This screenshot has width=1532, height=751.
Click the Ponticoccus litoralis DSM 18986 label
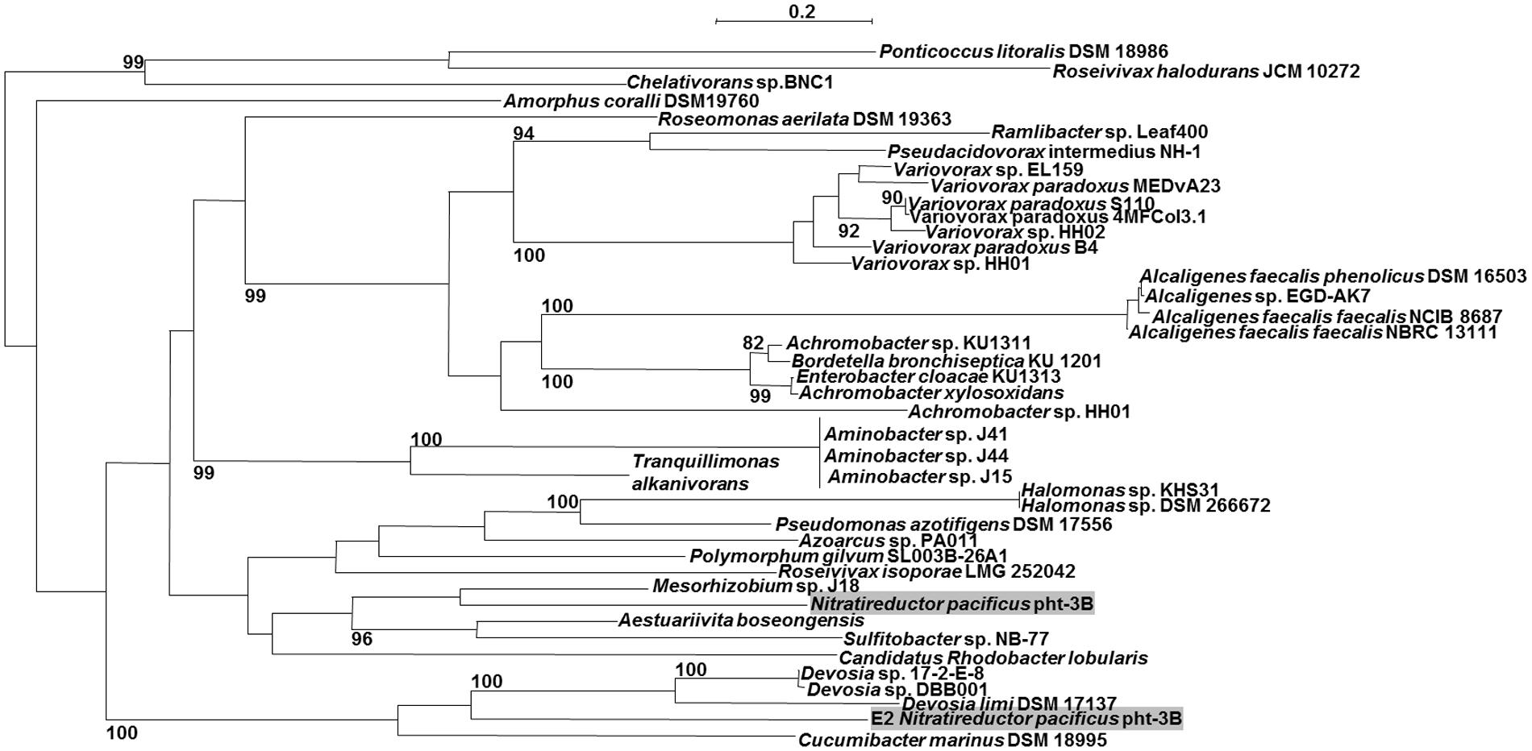click(1023, 52)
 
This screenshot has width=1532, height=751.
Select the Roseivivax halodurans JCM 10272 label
click(1206, 72)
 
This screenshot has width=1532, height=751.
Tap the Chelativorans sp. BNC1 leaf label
click(730, 82)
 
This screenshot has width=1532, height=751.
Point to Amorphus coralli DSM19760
click(631, 102)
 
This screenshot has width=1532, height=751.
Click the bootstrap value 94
click(524, 133)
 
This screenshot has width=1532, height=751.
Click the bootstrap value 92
click(848, 232)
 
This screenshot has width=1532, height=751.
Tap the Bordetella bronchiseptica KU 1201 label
click(946, 361)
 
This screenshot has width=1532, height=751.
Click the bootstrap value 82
click(753, 343)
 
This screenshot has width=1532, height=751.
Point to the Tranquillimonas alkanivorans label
click(706, 473)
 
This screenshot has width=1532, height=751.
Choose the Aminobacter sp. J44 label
click(916, 456)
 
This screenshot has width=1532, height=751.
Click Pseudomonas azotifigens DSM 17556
click(943, 525)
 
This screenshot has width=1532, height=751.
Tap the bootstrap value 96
click(362, 639)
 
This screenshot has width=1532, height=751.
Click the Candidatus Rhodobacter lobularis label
click(993, 658)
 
